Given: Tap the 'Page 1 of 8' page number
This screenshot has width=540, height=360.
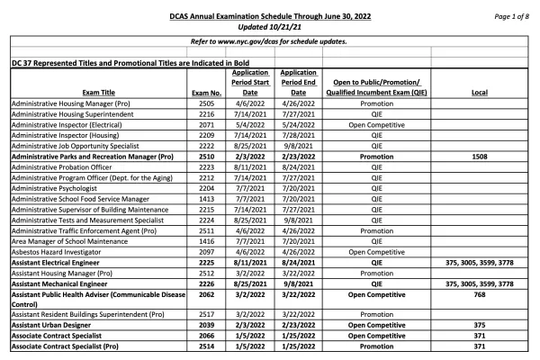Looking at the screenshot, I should [x=509, y=16].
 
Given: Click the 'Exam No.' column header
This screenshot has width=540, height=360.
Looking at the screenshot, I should [x=204, y=92].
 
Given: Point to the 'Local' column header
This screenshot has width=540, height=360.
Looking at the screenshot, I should [x=480, y=92].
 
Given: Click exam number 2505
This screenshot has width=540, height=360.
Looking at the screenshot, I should [x=204, y=104].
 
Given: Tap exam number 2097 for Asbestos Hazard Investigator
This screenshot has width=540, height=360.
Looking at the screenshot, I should [x=204, y=253].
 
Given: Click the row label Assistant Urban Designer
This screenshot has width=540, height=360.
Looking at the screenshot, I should [x=50, y=322].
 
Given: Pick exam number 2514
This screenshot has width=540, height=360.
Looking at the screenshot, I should [x=204, y=346].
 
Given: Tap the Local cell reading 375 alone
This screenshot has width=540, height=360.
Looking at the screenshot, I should [x=480, y=322].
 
